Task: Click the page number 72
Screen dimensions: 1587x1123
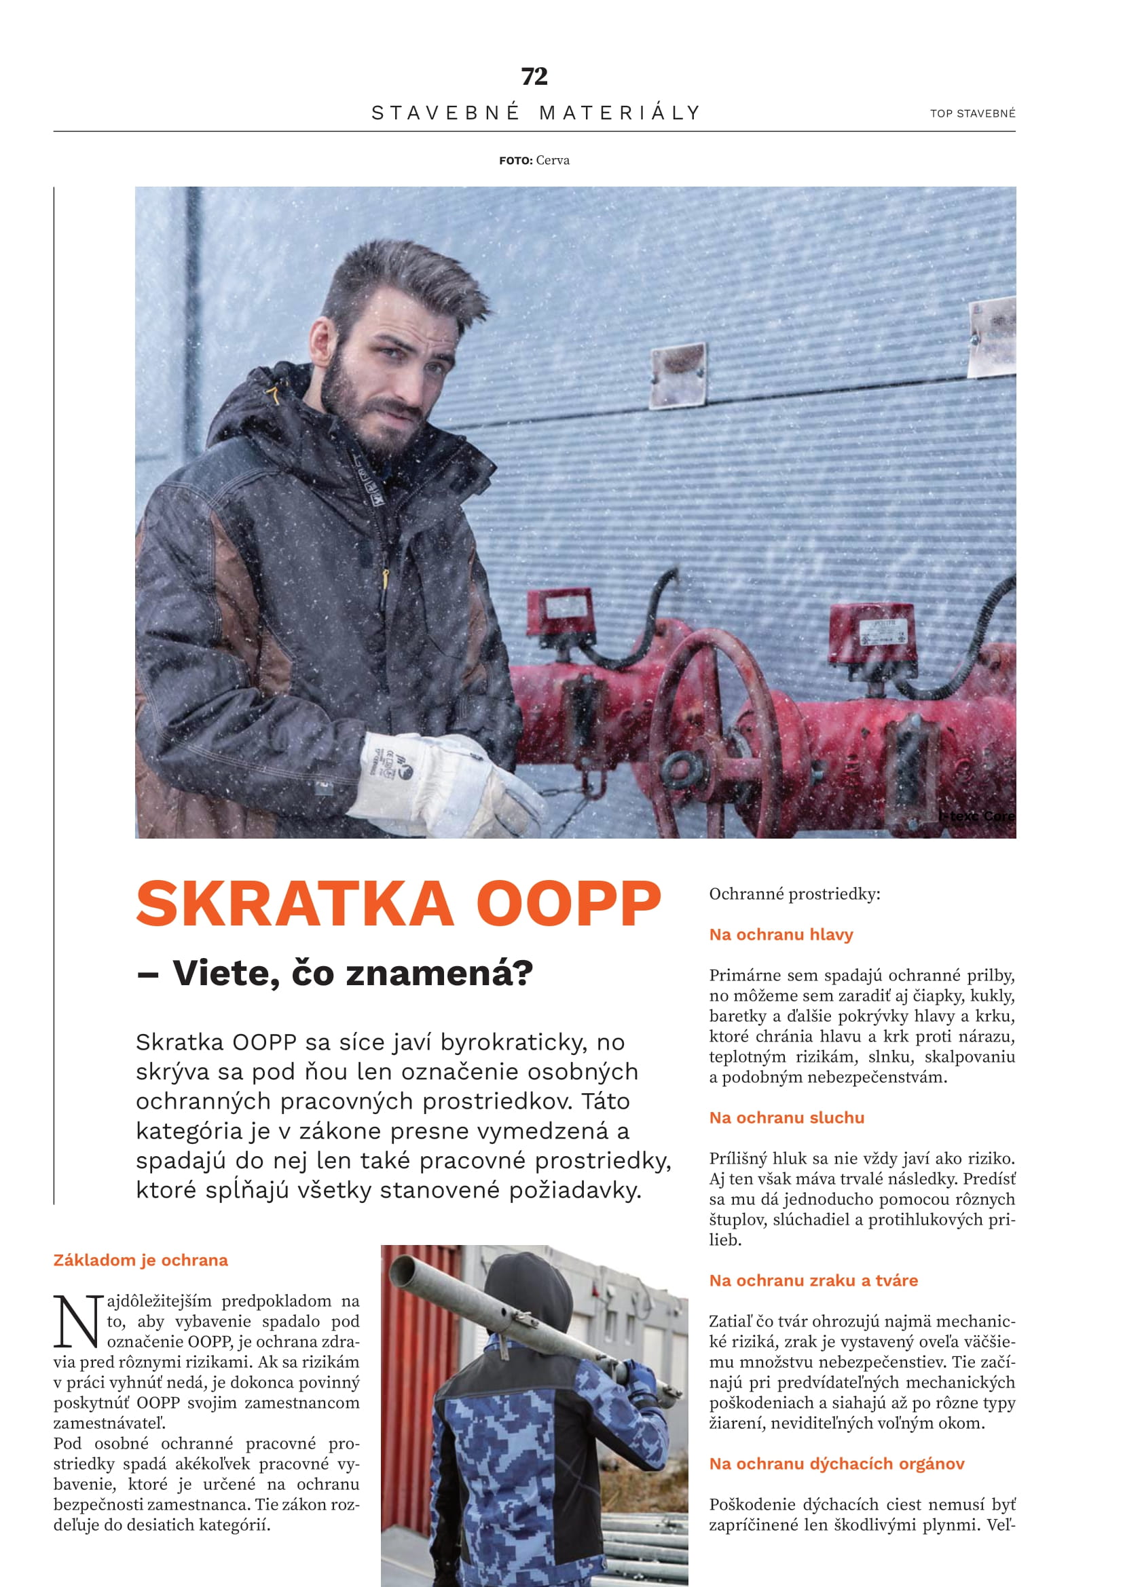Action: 534,76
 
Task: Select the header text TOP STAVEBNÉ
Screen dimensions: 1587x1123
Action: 972,113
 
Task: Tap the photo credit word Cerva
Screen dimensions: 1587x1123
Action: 553,160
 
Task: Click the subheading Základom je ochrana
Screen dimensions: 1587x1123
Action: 141,1260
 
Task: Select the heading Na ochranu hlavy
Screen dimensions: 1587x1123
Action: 781,934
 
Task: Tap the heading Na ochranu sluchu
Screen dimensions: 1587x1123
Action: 786,1117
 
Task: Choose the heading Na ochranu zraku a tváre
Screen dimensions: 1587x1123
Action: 813,1280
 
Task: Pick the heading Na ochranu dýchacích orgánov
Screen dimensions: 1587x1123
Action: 836,1464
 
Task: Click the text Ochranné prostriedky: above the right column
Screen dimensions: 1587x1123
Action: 794,894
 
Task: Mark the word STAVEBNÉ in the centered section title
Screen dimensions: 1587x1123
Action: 445,113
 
